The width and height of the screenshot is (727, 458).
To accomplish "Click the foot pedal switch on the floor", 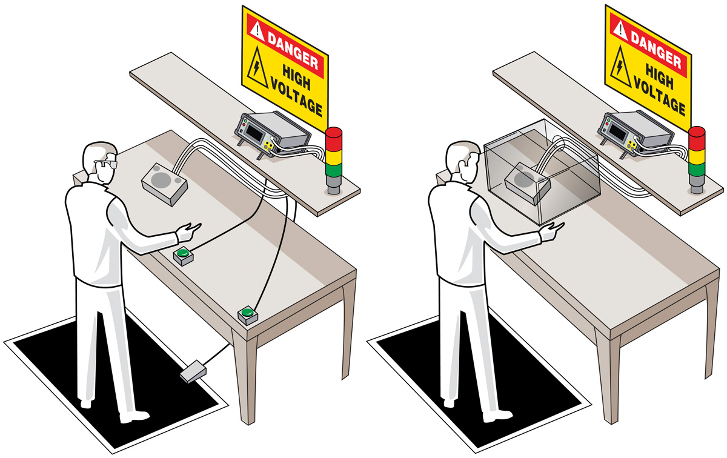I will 193,371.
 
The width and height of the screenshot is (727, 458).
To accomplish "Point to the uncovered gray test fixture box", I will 164,184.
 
